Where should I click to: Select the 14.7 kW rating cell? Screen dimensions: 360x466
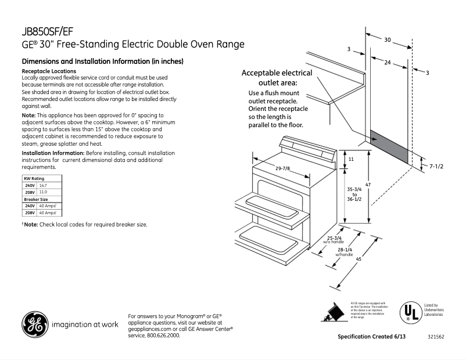tap(42, 185)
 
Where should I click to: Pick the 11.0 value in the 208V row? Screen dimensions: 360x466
tap(42, 192)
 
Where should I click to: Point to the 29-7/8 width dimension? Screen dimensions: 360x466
tap(283, 168)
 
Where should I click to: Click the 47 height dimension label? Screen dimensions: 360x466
tap(368, 185)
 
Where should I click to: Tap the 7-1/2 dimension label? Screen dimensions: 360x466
tap(436, 167)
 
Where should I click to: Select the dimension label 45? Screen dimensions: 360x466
tap(359, 260)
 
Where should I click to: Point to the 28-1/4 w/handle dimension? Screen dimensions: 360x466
tap(344, 252)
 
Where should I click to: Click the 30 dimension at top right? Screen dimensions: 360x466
tap(388, 39)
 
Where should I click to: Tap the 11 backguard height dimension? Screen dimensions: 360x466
tap(350, 159)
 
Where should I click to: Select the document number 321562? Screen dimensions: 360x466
tap(436, 337)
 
